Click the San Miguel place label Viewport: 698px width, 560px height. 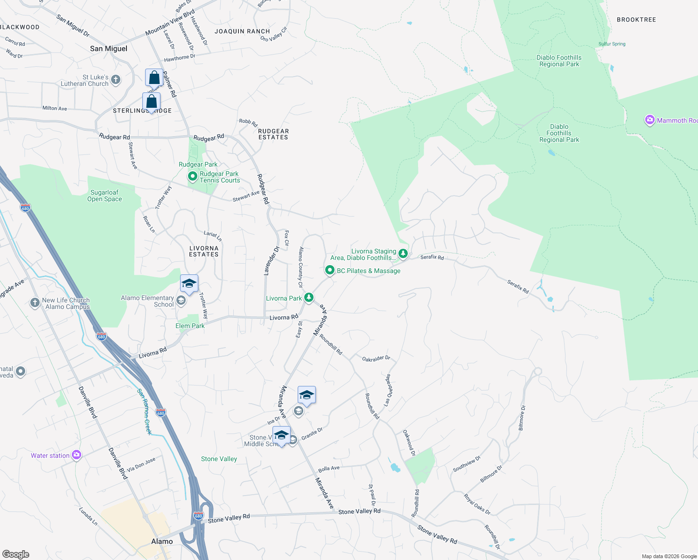[x=108, y=49]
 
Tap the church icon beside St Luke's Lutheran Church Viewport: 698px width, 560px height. [x=116, y=80]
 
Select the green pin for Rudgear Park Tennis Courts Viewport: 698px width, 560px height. [x=192, y=176]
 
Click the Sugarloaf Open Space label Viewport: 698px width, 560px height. [x=105, y=196]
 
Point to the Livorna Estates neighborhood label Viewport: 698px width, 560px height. [x=204, y=252]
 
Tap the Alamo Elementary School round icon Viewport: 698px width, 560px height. [x=181, y=301]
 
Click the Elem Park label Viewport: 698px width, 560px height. [x=190, y=326]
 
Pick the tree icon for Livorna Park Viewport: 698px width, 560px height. [x=308, y=297]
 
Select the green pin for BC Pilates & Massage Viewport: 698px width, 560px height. [x=330, y=270]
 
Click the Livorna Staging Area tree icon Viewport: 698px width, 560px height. [x=403, y=254]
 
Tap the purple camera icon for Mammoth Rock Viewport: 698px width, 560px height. [x=649, y=120]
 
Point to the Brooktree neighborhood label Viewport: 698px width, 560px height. [x=636, y=20]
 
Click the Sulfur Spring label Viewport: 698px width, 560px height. [x=612, y=44]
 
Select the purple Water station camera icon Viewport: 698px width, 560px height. [x=77, y=455]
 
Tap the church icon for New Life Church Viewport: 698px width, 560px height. [x=35, y=303]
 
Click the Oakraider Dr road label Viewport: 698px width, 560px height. [x=376, y=358]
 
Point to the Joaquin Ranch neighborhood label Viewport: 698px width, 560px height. [x=242, y=31]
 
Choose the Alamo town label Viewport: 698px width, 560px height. [x=162, y=541]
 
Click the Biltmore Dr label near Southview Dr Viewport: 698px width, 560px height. [x=491, y=473]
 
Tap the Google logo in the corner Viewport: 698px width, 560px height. [x=16, y=554]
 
